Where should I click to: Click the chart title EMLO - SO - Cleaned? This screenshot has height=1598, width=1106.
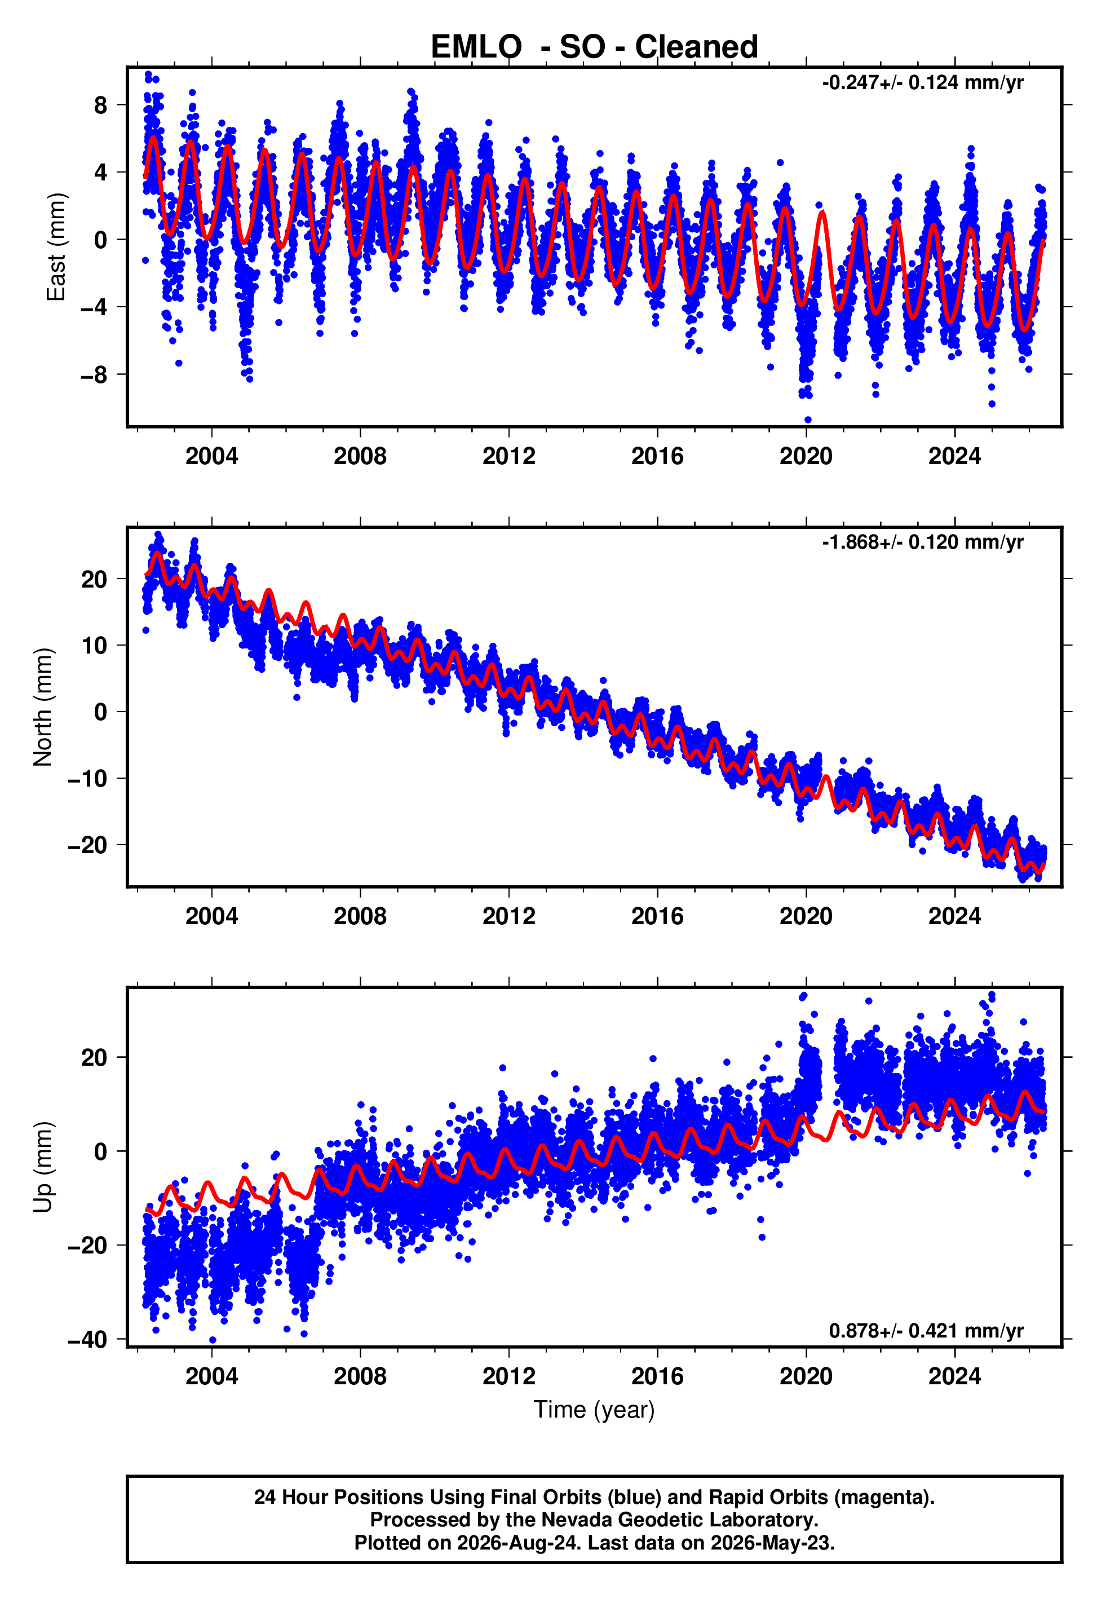tap(594, 47)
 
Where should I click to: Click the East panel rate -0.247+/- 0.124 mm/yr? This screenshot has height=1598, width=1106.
tap(922, 82)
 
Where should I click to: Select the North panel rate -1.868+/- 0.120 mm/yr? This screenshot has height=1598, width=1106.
tap(922, 542)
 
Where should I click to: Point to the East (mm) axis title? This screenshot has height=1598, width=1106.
tap(56, 247)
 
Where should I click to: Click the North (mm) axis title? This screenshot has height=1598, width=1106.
tap(43, 707)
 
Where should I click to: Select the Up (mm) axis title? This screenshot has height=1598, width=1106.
tap(43, 1167)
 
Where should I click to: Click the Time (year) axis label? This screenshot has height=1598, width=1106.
tap(594, 1410)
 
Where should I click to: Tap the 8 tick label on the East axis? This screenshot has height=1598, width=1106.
tap(101, 105)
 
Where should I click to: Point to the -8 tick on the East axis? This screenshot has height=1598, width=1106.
tap(94, 375)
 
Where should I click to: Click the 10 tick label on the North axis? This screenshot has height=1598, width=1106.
tap(94, 646)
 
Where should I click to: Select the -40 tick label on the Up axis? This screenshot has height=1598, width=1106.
tap(87, 1340)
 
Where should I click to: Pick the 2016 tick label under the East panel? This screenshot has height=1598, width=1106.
tap(657, 456)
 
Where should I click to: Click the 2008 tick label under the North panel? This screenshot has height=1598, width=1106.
tap(360, 916)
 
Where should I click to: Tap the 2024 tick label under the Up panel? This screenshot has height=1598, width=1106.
tap(954, 1376)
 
